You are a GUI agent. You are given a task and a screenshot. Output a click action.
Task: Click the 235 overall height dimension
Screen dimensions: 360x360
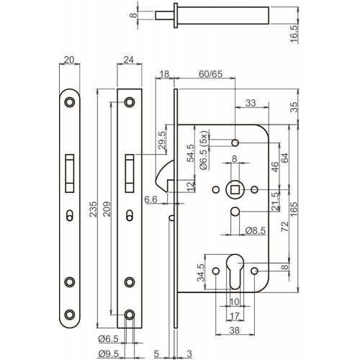coord(93,209)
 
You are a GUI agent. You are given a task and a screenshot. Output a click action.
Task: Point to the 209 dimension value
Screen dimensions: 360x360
coord(107,209)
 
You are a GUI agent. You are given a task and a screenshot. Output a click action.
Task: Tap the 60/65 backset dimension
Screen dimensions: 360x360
coord(210,74)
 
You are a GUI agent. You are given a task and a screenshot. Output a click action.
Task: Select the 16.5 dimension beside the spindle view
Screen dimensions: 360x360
coord(294,34)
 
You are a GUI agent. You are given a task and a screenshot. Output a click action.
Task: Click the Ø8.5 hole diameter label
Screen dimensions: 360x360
coord(256,230)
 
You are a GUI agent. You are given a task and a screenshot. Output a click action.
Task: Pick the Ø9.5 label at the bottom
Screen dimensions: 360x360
coord(109,354)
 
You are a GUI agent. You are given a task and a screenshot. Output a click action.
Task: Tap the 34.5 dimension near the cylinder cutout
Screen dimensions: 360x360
coord(200,272)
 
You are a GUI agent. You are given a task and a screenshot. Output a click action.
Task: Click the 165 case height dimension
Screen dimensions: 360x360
coord(294,209)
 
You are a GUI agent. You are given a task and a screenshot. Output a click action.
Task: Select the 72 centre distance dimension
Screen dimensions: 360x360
coord(284,227)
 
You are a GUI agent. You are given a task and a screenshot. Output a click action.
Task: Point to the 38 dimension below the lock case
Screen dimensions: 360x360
coord(235,330)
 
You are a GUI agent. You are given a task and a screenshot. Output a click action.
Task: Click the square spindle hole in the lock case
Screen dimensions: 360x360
coord(235,189)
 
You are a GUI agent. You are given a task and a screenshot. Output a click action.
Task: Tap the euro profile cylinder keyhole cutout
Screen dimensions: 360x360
coord(235,271)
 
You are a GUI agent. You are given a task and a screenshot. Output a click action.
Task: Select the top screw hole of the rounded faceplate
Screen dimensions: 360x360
coord(70,102)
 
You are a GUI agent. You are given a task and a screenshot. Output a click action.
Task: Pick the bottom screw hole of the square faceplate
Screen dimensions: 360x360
coord(130,315)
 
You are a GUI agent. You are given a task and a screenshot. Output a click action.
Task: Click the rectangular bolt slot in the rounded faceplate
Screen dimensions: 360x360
coord(70,174)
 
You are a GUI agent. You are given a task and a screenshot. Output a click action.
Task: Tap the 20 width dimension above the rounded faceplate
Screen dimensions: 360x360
coord(69,60)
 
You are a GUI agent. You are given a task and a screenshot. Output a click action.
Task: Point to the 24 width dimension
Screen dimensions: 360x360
coord(129,60)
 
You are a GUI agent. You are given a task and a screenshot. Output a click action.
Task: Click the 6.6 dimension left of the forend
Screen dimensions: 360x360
coord(151,199)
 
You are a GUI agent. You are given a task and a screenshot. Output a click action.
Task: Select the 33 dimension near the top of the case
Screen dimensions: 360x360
coord(251,103)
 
